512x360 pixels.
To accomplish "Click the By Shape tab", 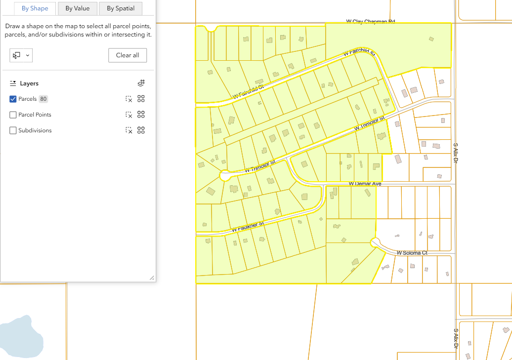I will click(x=35, y=8).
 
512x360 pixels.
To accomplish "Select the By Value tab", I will click(x=77, y=8).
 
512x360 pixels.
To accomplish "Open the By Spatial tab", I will click(x=121, y=8).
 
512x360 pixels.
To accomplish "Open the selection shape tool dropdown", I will click(x=21, y=55).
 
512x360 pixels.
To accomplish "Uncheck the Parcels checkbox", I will click(x=13, y=99).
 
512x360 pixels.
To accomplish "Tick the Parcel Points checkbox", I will click(x=13, y=115).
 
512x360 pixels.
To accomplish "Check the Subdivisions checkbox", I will click(x=13, y=131).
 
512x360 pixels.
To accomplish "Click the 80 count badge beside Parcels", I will click(x=43, y=99).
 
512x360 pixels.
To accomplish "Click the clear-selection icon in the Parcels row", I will click(x=128, y=99).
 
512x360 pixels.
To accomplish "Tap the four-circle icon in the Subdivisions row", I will click(x=141, y=131).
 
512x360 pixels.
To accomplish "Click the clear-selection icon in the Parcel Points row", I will click(x=128, y=115).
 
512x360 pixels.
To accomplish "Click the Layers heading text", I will click(x=29, y=84).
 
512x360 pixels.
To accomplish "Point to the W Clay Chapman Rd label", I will click(x=371, y=22).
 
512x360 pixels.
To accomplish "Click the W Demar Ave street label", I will click(x=365, y=184).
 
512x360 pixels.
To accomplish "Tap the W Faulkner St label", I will click(x=248, y=227).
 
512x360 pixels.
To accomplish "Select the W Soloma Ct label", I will click(x=412, y=253).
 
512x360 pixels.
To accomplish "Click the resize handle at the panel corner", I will click(x=151, y=278).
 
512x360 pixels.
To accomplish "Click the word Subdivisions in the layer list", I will click(x=35, y=131).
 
